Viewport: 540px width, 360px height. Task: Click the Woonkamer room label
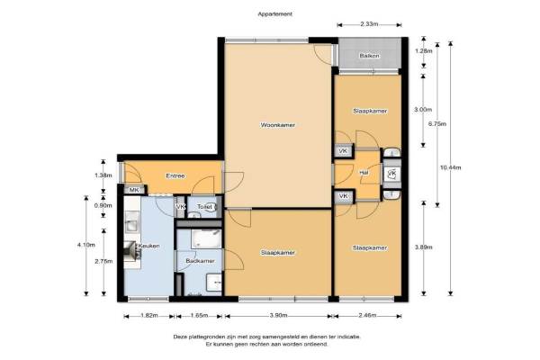[277, 125]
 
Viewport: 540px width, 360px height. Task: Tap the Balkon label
[370, 56]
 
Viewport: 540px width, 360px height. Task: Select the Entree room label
[175, 176]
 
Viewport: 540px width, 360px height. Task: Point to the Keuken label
[149, 246]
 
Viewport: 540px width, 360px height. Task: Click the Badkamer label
[200, 261]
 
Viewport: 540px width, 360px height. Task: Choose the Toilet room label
[204, 207]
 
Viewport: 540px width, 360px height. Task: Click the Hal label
[364, 173]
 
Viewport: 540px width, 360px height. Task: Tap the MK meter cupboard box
[134, 190]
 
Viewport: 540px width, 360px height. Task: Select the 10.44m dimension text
[451, 167]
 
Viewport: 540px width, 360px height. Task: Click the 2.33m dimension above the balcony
[369, 24]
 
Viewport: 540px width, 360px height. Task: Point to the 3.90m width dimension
[278, 316]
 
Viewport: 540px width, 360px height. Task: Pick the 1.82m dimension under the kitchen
[149, 316]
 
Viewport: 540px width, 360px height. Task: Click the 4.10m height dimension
[86, 245]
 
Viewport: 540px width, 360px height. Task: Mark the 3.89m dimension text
[424, 247]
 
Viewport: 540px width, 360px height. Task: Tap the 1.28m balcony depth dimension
[424, 51]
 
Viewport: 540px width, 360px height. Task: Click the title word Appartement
[275, 14]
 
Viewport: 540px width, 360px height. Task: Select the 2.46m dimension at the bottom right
[367, 316]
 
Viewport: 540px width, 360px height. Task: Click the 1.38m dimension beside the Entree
[103, 175]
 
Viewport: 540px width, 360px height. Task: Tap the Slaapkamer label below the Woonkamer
[277, 253]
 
